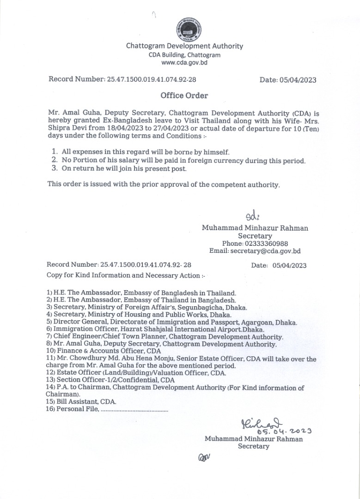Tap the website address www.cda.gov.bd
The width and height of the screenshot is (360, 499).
[184, 62]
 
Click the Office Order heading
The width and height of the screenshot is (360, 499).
[184, 96]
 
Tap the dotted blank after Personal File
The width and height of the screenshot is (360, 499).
[134, 410]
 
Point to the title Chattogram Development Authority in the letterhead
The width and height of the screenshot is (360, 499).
[184, 46]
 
